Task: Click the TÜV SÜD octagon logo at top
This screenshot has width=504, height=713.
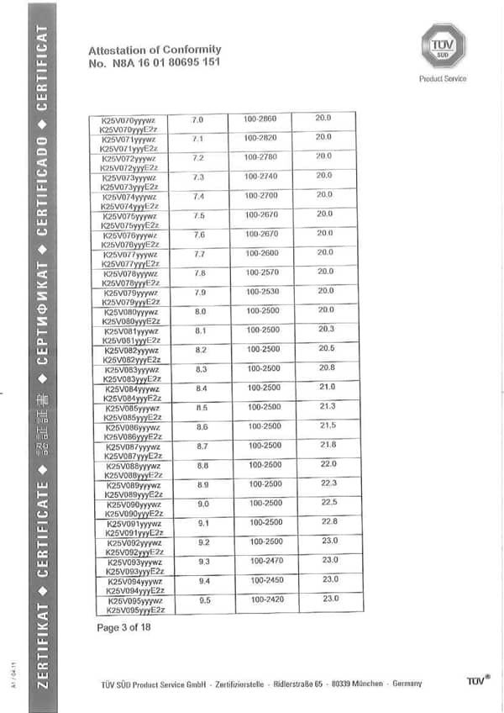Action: (443, 45)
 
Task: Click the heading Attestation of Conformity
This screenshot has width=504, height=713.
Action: (155, 50)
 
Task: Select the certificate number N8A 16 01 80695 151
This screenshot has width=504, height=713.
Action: (155, 63)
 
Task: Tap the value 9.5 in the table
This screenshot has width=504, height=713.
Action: (204, 599)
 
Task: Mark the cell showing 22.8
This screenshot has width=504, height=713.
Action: (329, 521)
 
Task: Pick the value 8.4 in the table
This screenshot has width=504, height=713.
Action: (202, 388)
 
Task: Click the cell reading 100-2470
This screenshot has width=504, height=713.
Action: (269, 560)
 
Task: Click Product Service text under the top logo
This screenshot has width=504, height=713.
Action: (443, 79)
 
